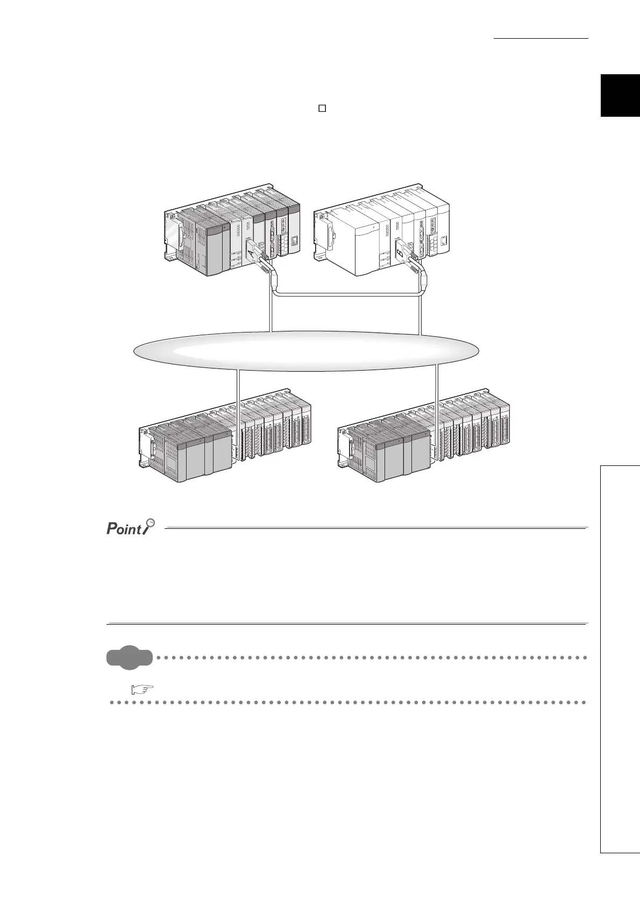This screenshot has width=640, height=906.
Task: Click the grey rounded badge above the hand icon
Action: coord(130,657)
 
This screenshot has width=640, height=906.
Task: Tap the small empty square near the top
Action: coord(322,108)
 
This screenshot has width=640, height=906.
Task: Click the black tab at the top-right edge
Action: coord(620,96)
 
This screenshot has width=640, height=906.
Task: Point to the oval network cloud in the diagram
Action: coord(305,351)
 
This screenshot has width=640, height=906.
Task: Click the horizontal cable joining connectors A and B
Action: coord(347,294)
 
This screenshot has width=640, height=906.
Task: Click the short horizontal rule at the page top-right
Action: coord(541,39)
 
